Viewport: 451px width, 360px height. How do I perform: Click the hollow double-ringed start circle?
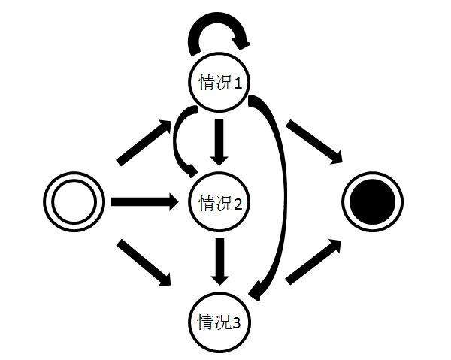tap(73, 202)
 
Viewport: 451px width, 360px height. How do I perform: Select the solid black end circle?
tap(374, 202)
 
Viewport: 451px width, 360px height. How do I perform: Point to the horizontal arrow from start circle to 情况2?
tap(146, 201)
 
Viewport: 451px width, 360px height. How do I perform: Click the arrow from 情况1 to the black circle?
tap(313, 141)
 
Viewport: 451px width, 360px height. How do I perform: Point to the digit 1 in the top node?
tap(238, 83)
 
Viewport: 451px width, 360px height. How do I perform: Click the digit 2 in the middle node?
tap(238, 203)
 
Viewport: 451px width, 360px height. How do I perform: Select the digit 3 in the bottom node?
tap(238, 324)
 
